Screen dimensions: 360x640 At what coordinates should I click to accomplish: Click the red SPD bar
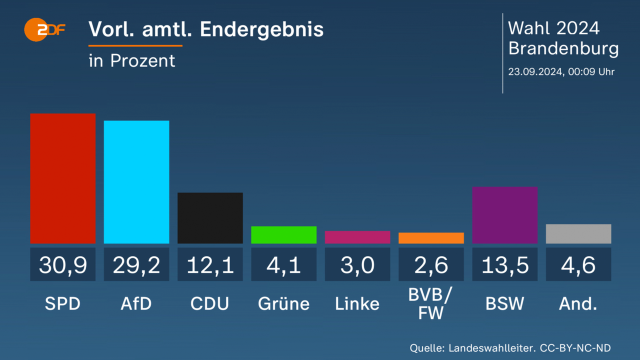tap(62, 178)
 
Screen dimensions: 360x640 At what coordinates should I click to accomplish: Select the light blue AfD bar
tap(136, 182)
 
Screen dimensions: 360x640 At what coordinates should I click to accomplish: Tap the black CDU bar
tap(210, 218)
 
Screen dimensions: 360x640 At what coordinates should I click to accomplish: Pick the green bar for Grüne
tap(283, 235)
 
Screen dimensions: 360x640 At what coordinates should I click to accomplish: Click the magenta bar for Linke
tap(357, 237)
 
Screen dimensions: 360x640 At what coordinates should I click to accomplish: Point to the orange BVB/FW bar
tap(431, 238)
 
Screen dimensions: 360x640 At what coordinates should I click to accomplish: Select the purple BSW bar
tap(504, 215)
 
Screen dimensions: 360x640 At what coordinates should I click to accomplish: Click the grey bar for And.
tap(578, 233)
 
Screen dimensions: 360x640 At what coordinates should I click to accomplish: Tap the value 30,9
tap(62, 264)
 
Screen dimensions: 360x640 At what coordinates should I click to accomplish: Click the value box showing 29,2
tap(136, 264)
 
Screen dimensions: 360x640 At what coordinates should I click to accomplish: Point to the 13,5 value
tap(504, 264)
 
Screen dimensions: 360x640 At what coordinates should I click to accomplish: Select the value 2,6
tap(431, 264)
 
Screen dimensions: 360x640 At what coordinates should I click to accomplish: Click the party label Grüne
tap(283, 303)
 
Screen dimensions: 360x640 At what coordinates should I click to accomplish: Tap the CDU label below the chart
tap(210, 303)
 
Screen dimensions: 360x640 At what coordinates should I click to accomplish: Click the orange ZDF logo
tap(44, 30)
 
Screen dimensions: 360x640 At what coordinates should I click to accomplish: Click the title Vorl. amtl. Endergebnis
tap(206, 29)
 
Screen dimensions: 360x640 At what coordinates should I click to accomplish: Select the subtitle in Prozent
tap(132, 60)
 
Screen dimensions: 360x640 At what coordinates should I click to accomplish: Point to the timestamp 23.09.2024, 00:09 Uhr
tap(561, 71)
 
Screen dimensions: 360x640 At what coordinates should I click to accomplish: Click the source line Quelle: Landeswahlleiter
tap(510, 348)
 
